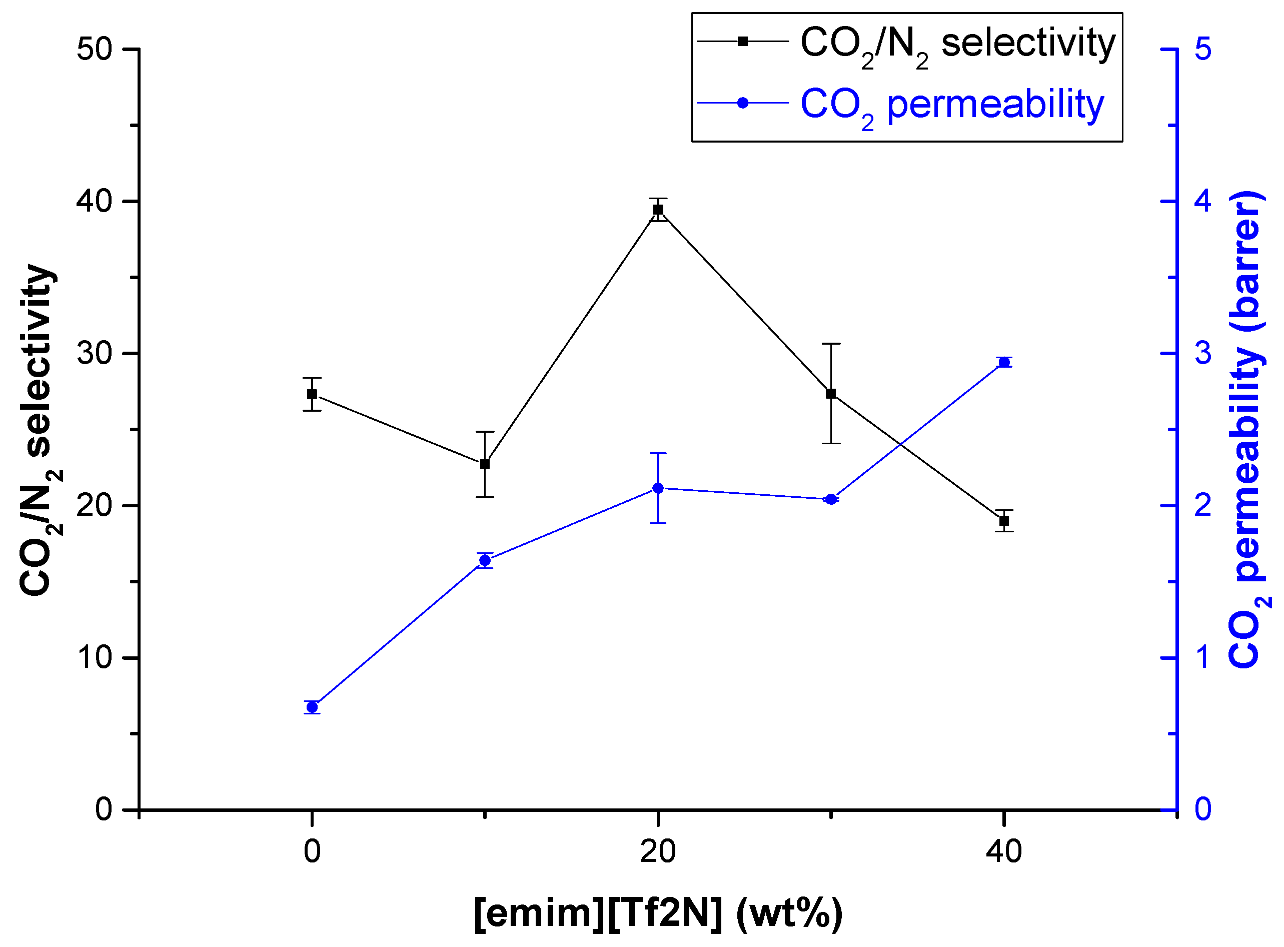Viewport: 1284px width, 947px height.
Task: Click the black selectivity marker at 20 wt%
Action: pyautogui.click(x=658, y=210)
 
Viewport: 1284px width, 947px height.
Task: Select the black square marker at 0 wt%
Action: pyautogui.click(x=312, y=394)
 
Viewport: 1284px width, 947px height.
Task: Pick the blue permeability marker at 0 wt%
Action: pyautogui.click(x=312, y=707)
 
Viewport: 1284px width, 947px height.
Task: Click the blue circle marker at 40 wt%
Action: pyautogui.click(x=1004, y=362)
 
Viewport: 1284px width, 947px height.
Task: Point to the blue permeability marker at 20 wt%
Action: pyautogui.click(x=658, y=488)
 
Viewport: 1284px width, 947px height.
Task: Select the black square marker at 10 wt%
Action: pyautogui.click(x=485, y=464)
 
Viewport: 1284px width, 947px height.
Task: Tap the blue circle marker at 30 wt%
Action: pyautogui.click(x=831, y=499)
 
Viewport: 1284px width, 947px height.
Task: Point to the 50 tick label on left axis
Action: pyautogui.click(x=95, y=50)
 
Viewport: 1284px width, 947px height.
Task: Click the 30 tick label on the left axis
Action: pyautogui.click(x=95, y=354)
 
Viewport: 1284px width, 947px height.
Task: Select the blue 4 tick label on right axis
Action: pyautogui.click(x=1202, y=201)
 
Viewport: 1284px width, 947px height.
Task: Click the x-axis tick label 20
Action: pyautogui.click(x=658, y=852)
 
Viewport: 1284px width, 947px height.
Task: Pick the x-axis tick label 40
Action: pyautogui.click(x=1004, y=852)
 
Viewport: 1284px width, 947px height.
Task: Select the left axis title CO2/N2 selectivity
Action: pyautogui.click(x=39, y=430)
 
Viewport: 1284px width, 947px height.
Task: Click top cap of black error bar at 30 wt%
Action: pyautogui.click(x=831, y=344)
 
